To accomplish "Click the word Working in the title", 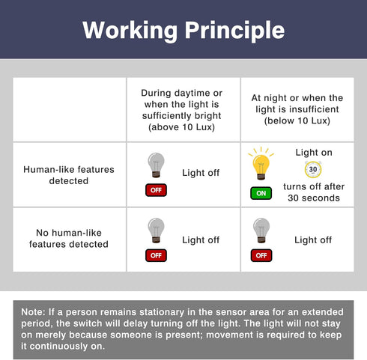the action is pyautogui.click(x=130, y=31).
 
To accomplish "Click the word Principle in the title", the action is pyautogui.click(x=235, y=31).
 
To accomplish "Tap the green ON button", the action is pyautogui.click(x=261, y=193).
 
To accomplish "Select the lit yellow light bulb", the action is pyautogui.click(x=261, y=164).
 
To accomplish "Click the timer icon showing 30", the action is pyautogui.click(x=313, y=169).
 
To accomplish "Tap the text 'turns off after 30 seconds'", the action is pyautogui.click(x=314, y=192).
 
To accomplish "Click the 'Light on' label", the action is pyautogui.click(x=314, y=153).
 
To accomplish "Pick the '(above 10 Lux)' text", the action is pyautogui.click(x=181, y=127).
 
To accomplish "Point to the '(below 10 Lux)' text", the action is pyautogui.click(x=297, y=120).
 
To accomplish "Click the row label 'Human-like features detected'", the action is pyautogui.click(x=69, y=175).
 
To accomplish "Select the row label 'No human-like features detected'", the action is pyautogui.click(x=69, y=239).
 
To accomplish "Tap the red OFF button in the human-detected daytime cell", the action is pyautogui.click(x=156, y=190).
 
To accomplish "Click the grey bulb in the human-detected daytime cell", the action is pyautogui.click(x=156, y=165).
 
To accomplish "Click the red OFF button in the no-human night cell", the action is pyautogui.click(x=261, y=255).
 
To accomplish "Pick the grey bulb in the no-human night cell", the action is pyautogui.click(x=261, y=231).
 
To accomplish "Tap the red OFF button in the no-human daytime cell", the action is pyautogui.click(x=156, y=255).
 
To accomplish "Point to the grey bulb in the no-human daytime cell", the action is pyautogui.click(x=156, y=231).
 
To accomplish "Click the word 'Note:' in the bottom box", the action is pyautogui.click(x=33, y=312).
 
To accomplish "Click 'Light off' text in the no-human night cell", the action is pyautogui.click(x=313, y=240).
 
